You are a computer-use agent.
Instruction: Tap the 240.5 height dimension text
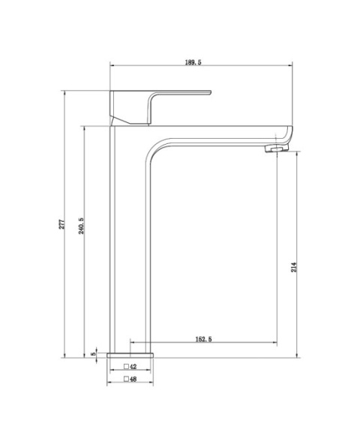click(80, 224)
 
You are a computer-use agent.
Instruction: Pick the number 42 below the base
click(133, 367)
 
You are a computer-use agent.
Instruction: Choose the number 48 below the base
click(133, 380)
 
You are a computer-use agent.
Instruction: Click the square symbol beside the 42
click(126, 367)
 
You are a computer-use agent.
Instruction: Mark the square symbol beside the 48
click(126, 380)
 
